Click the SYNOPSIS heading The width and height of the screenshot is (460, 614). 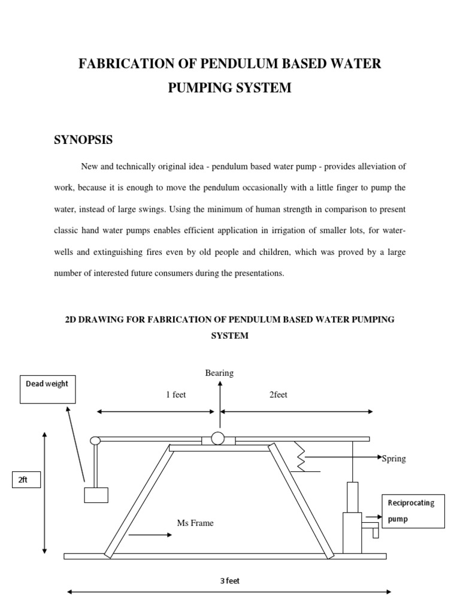click(83, 140)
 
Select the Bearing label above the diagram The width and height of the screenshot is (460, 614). click(219, 373)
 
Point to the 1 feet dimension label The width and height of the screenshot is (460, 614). click(175, 395)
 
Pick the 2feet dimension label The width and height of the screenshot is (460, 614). click(278, 395)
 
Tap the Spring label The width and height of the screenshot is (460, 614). click(394, 459)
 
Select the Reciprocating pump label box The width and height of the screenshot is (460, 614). click(413, 511)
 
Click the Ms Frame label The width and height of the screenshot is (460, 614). click(195, 523)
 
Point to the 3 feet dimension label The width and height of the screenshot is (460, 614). click(230, 580)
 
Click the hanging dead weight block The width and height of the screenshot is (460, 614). click(96, 495)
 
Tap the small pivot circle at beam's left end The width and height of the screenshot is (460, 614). click(95, 441)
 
